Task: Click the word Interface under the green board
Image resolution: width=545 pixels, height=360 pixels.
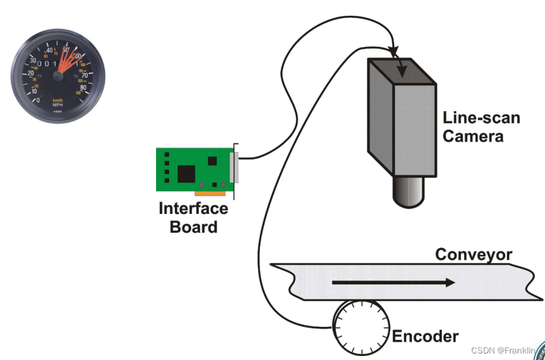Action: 193,209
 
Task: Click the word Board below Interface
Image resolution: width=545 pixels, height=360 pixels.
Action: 193,227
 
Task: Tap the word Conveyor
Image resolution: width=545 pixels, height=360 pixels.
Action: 473,254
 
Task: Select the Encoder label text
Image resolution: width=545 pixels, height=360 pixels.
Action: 425,337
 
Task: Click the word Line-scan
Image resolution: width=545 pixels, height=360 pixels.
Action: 482,118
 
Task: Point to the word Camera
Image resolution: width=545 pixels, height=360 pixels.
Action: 473,136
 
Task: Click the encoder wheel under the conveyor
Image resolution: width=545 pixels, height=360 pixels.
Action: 361,325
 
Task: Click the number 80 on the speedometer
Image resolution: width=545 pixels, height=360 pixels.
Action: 83,86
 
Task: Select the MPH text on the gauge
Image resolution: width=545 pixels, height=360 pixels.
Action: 57,104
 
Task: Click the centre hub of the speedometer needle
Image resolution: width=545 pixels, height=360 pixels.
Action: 58,76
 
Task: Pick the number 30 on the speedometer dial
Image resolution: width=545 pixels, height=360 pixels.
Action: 33,61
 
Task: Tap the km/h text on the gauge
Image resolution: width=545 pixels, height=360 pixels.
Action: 57,100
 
